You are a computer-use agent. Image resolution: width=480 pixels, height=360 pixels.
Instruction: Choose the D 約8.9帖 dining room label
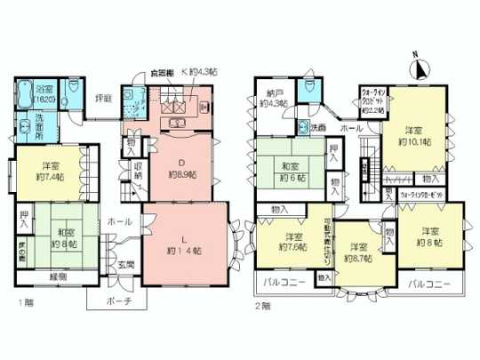(181, 167)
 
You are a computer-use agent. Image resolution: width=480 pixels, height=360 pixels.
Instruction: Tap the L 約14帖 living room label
(184, 244)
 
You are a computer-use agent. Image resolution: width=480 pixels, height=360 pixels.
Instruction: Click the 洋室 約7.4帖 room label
(49, 169)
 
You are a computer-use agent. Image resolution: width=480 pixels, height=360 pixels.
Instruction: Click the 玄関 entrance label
(124, 265)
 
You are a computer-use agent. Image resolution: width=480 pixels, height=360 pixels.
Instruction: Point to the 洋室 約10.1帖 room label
(413, 134)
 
